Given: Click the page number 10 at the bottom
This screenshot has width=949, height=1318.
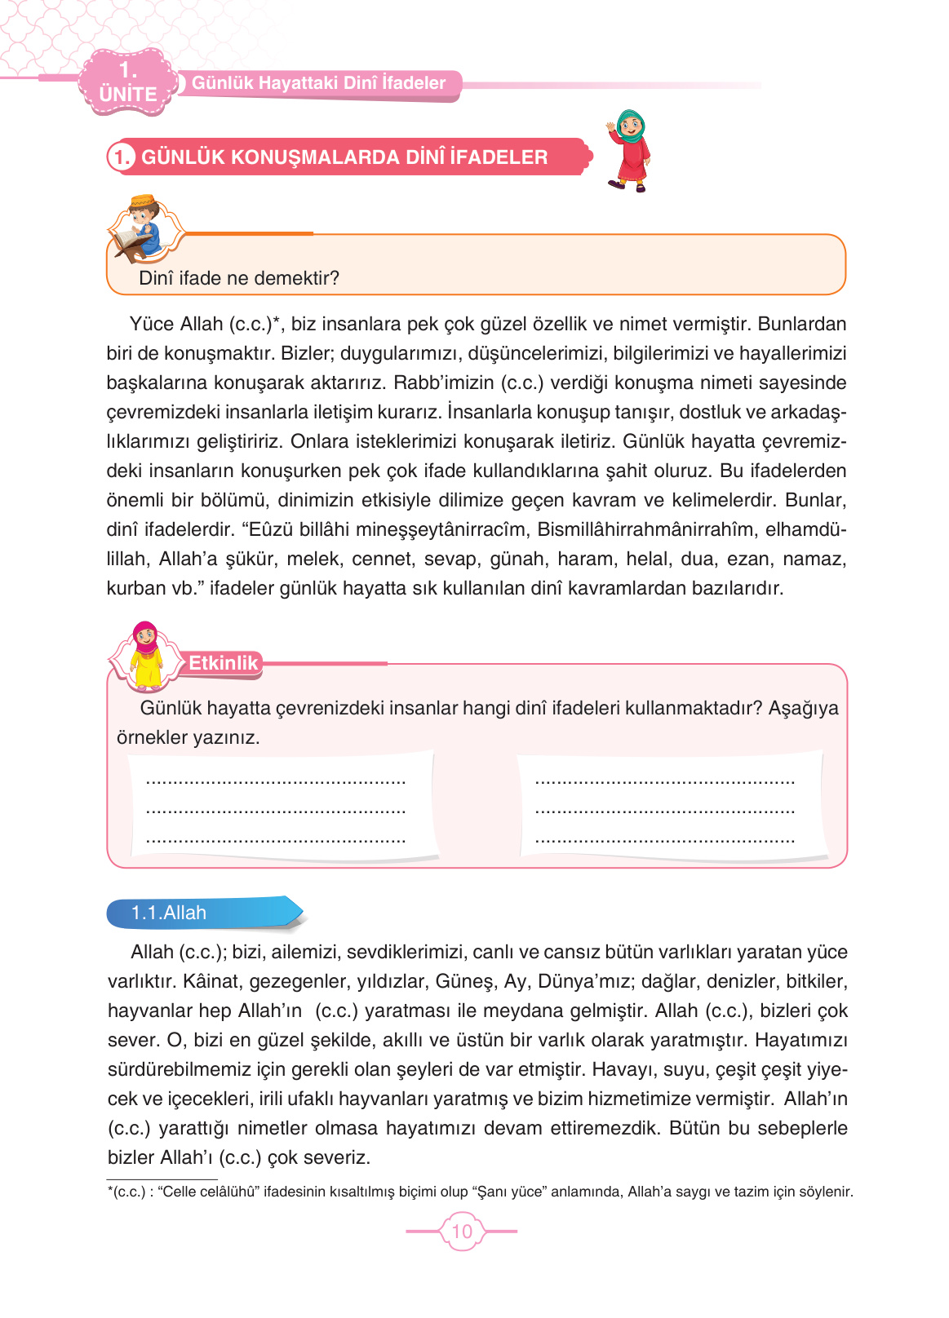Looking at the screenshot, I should click(x=462, y=1232).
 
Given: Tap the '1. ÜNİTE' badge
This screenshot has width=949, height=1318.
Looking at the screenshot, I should click(x=128, y=82).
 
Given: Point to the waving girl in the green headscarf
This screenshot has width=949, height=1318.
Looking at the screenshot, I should click(x=629, y=151).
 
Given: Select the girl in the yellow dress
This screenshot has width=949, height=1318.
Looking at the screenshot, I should click(x=145, y=656).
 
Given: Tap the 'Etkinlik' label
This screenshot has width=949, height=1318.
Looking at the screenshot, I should click(x=223, y=663).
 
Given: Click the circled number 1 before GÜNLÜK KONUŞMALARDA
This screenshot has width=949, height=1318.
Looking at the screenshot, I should click(x=122, y=157).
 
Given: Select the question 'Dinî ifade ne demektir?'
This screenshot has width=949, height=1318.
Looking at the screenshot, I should click(x=239, y=278).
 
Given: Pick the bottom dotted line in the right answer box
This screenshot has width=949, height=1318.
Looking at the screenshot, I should click(x=665, y=840).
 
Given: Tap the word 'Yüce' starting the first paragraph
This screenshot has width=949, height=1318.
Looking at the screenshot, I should click(x=152, y=325).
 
